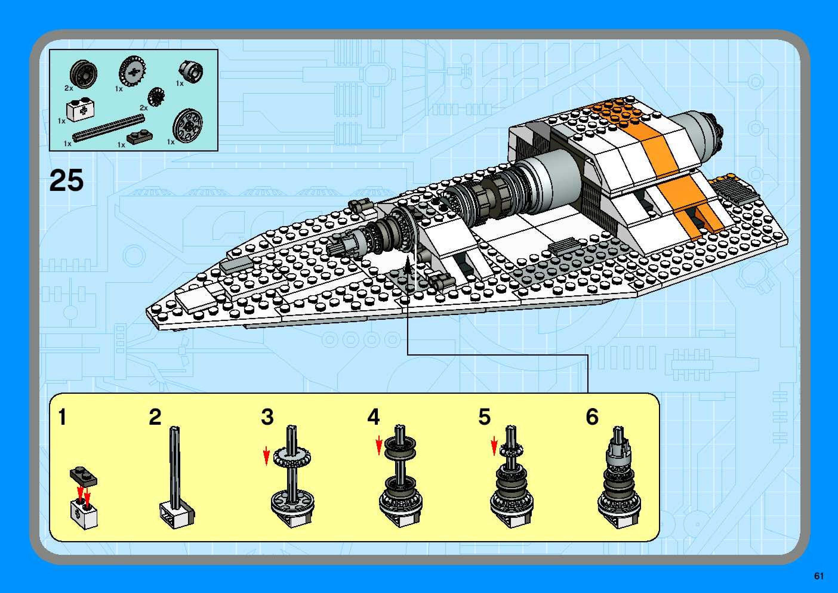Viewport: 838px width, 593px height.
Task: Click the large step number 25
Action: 66,180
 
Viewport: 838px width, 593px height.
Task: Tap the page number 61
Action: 819,576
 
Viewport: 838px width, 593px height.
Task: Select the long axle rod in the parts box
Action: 109,127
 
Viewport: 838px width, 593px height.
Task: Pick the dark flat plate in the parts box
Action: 140,137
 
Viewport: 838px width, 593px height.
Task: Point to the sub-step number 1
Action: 62,417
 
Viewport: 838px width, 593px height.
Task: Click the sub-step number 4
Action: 373,417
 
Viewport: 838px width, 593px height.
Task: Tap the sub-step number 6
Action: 592,417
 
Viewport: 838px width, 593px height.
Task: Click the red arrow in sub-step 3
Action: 267,456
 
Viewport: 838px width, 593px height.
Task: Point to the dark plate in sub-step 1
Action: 84,475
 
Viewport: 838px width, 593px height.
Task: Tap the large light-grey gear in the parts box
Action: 132,70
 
